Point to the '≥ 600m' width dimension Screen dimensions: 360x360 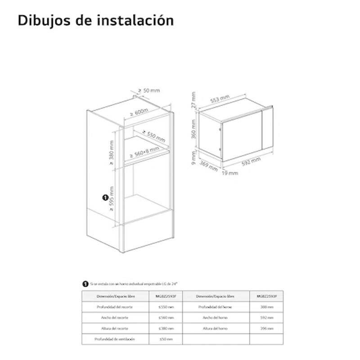pyautogui.click(x=139, y=112)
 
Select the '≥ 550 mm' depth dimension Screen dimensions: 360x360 pyautogui.click(x=153, y=135)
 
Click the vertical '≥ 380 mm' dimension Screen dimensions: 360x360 pyautogui.click(x=111, y=153)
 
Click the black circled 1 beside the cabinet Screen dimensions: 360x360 pyautogui.click(x=105, y=197)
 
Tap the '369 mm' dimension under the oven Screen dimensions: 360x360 pyautogui.click(x=209, y=165)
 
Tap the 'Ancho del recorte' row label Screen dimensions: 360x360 pyautogui.click(x=115, y=317)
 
